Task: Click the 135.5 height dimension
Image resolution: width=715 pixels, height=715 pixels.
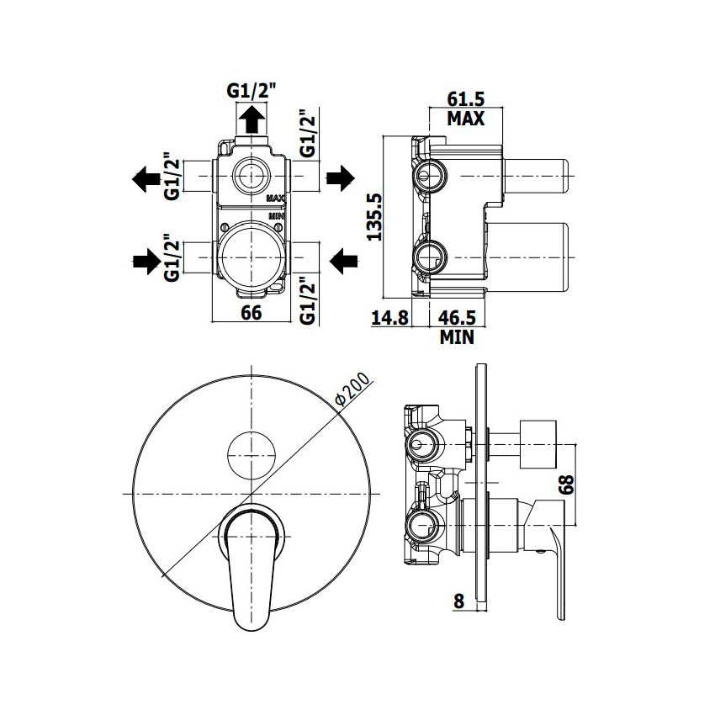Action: point(375,216)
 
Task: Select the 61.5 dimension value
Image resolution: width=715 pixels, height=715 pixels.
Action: point(465,99)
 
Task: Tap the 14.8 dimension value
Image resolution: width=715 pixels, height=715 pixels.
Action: point(389,317)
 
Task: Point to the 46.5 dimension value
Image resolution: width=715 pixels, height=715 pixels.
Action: point(458,317)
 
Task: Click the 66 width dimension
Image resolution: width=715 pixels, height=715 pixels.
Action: point(252,312)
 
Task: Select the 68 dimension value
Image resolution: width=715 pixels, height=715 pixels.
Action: point(566,485)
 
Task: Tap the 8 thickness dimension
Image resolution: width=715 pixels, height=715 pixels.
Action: point(458,601)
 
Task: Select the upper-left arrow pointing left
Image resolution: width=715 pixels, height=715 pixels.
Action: point(146,178)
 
